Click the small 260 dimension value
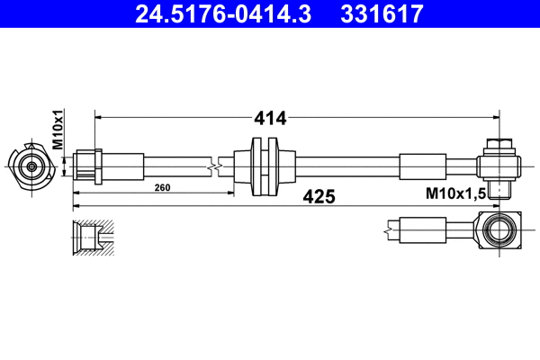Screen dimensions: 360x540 (163, 188)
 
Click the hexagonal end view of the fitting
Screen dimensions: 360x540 (32, 166)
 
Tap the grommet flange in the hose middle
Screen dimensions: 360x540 (266, 166)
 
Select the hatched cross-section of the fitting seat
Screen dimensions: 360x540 (93, 238)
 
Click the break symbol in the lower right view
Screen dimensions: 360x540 (389, 230)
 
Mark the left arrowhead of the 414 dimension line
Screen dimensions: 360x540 (99, 116)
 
